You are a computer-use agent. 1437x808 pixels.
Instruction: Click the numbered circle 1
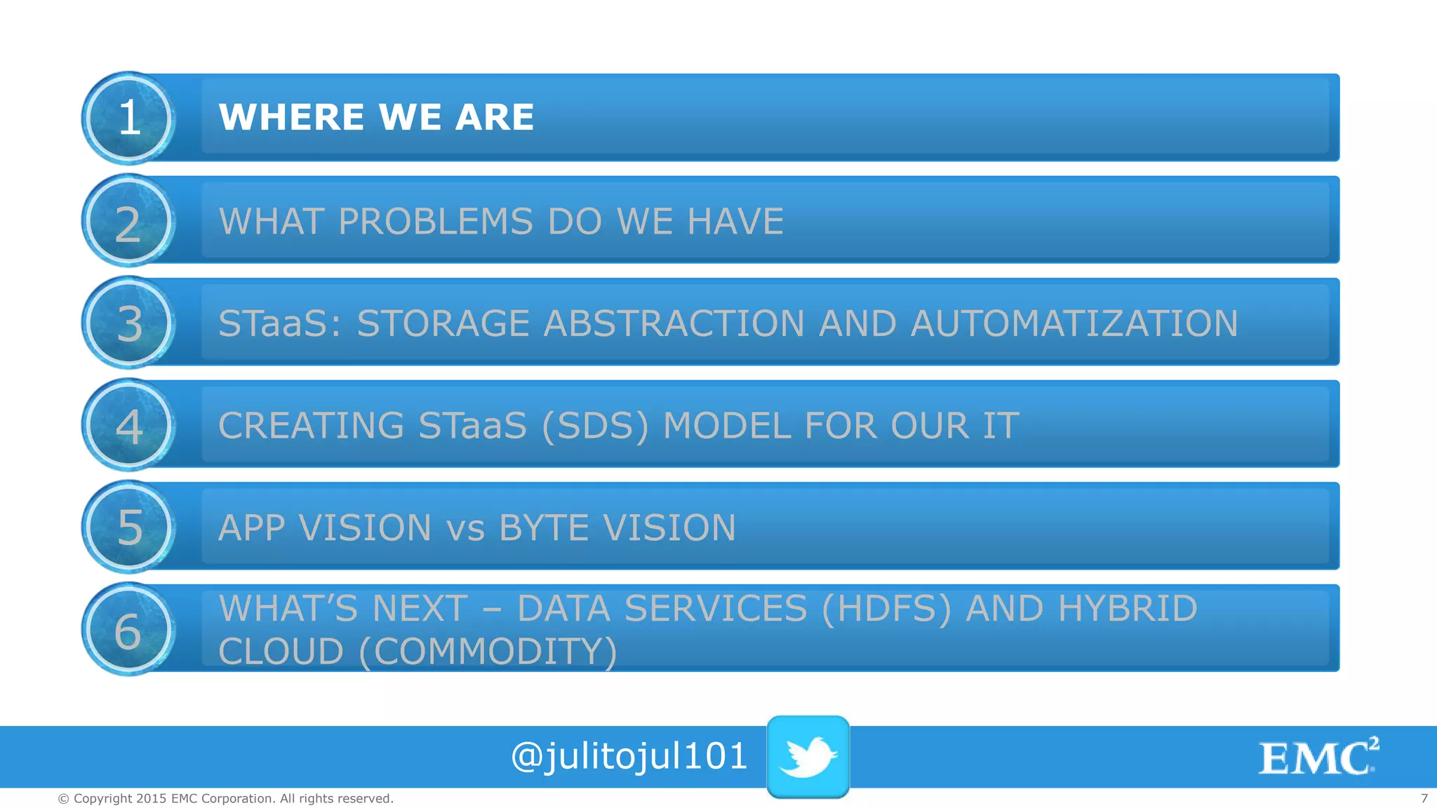128,118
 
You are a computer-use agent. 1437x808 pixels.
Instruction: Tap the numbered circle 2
128,221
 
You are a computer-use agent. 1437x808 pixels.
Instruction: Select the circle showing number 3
128,323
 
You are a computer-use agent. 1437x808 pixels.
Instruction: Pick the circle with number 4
128,425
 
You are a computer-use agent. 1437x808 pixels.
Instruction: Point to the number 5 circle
128,527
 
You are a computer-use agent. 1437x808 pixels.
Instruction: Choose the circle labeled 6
128,629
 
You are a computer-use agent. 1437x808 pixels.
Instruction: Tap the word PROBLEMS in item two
435,222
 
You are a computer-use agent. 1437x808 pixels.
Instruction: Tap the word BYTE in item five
544,528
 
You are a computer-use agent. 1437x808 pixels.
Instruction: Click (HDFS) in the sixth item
886,609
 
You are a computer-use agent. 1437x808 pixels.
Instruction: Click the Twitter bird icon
808,757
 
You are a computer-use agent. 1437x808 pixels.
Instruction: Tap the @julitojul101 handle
629,757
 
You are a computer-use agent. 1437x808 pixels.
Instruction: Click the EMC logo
1318,757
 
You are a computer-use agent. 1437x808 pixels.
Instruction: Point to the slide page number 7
1424,798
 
